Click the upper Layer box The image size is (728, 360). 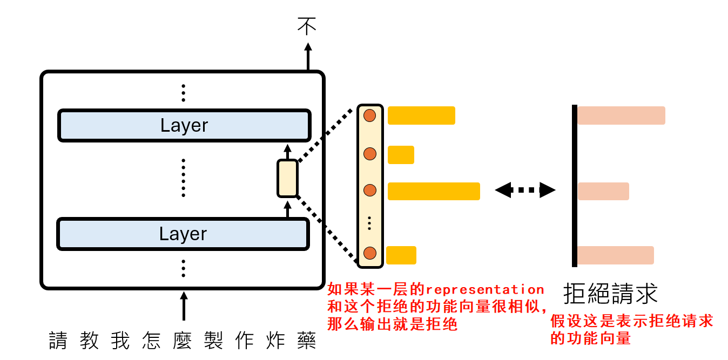(x=184, y=126)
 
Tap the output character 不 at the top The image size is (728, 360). (x=307, y=26)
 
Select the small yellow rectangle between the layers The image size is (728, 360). (x=287, y=179)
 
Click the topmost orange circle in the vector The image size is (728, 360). (x=370, y=116)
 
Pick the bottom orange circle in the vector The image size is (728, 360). (x=370, y=253)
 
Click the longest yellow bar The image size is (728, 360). (x=434, y=191)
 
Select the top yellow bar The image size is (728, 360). (x=421, y=116)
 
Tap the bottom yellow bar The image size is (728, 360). (x=401, y=255)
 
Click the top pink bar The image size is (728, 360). (x=621, y=116)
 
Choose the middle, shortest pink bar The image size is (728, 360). (x=603, y=191)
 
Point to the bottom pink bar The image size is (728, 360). (x=616, y=255)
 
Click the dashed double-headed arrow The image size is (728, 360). (x=525, y=190)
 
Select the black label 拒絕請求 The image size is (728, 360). (x=610, y=294)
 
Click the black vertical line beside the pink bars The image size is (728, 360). (x=575, y=186)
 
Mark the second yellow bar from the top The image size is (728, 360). (x=401, y=155)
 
